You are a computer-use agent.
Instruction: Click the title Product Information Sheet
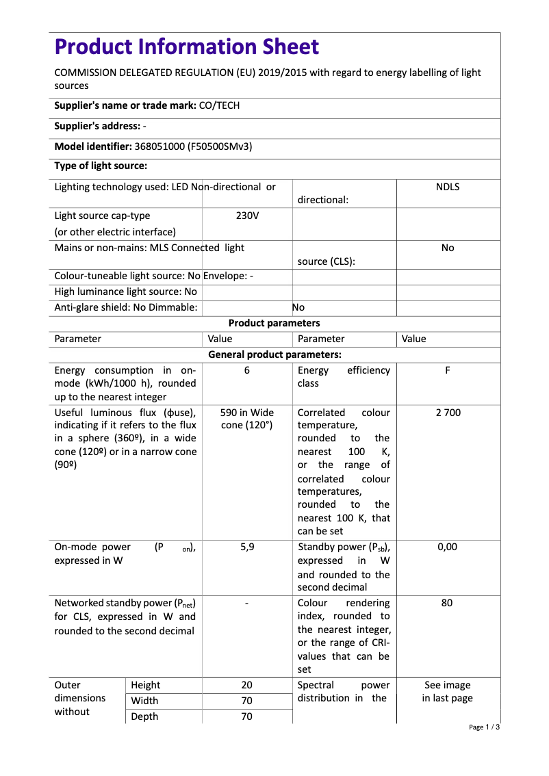click(x=186, y=47)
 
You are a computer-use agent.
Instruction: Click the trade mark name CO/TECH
click(x=219, y=105)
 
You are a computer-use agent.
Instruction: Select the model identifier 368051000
click(x=159, y=146)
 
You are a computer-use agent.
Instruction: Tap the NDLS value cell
click(x=447, y=187)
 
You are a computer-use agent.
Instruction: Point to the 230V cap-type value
click(x=246, y=216)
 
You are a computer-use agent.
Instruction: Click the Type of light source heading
click(x=101, y=166)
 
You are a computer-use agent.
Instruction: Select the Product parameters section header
click(x=274, y=323)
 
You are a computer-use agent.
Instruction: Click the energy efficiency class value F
click(x=447, y=370)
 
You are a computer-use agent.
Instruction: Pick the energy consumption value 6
click(x=246, y=370)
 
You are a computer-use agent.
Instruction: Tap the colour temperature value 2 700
click(x=447, y=413)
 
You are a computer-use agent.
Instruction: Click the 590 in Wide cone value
click(x=246, y=419)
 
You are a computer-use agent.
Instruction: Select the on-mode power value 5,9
click(x=246, y=547)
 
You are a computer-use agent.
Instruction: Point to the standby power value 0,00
click(x=447, y=547)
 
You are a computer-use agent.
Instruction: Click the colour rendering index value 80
click(x=447, y=603)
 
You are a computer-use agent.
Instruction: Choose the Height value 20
click(x=246, y=685)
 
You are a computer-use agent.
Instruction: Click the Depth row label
click(x=144, y=716)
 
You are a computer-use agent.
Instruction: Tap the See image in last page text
click(x=447, y=691)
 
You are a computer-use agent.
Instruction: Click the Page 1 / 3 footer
click(x=484, y=727)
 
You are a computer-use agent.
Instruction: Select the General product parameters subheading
click(x=274, y=354)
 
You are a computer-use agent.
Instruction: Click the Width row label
click(x=144, y=701)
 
